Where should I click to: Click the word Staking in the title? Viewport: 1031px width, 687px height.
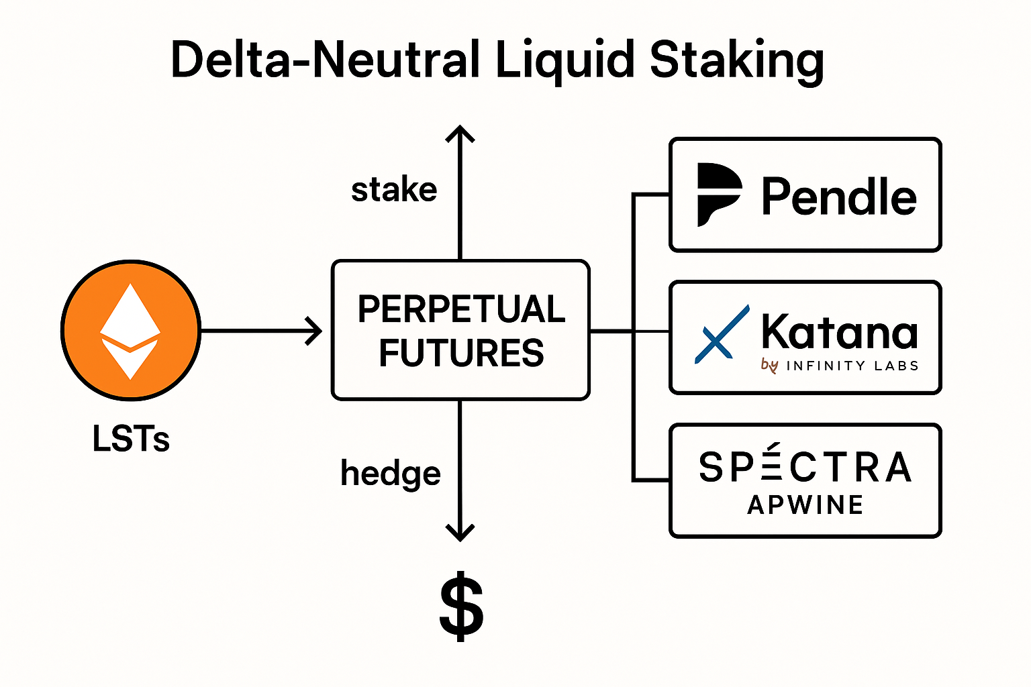(736, 60)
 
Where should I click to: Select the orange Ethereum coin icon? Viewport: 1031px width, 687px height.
(131, 330)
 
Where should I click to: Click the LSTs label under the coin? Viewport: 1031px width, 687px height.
(131, 439)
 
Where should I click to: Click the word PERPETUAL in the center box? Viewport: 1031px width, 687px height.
(461, 309)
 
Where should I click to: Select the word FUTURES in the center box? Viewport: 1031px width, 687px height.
(461, 353)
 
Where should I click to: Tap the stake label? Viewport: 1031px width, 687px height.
(394, 190)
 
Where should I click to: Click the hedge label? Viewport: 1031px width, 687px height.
(390, 474)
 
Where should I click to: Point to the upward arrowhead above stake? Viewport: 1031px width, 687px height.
(460, 133)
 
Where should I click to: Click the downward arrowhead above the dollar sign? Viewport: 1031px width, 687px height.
(460, 533)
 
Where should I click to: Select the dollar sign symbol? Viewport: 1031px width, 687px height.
(461, 606)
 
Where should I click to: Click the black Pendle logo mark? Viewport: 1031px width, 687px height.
(718, 195)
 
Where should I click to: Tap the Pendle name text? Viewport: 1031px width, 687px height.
(839, 197)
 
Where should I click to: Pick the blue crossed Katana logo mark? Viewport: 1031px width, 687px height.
(722, 334)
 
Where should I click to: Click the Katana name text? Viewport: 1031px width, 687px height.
(839, 331)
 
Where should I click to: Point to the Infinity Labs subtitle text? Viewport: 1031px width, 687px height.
(851, 366)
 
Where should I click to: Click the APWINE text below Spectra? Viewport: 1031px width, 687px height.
(805, 505)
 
